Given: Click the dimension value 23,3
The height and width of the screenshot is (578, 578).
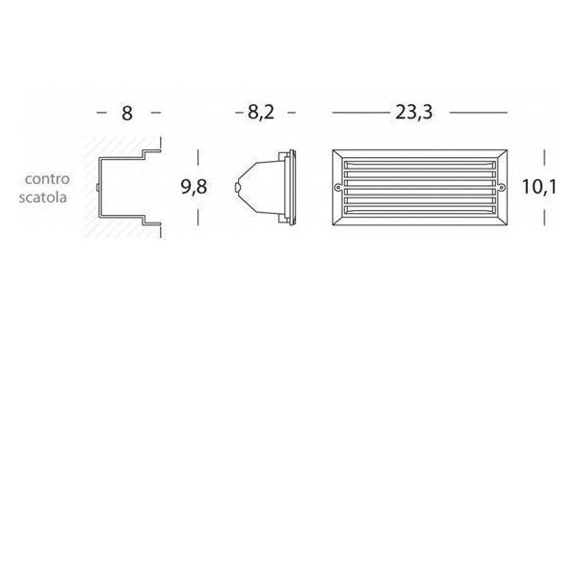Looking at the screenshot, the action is click(413, 112).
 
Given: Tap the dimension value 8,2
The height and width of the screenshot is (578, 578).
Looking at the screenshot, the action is click(261, 112).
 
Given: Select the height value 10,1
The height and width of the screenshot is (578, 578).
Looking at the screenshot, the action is click(539, 187).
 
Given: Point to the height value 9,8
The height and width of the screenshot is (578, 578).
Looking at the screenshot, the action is click(194, 187).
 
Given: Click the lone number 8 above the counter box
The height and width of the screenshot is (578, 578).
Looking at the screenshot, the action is click(127, 113).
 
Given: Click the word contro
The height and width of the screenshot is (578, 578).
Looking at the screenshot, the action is click(47, 179).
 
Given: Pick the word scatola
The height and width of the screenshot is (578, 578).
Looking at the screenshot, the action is click(42, 197).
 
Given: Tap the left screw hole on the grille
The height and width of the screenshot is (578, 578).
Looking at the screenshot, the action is click(337, 187).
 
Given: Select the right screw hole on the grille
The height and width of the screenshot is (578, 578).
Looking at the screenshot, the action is click(501, 187).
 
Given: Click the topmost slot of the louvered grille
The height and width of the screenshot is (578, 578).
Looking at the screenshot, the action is click(419, 165).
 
